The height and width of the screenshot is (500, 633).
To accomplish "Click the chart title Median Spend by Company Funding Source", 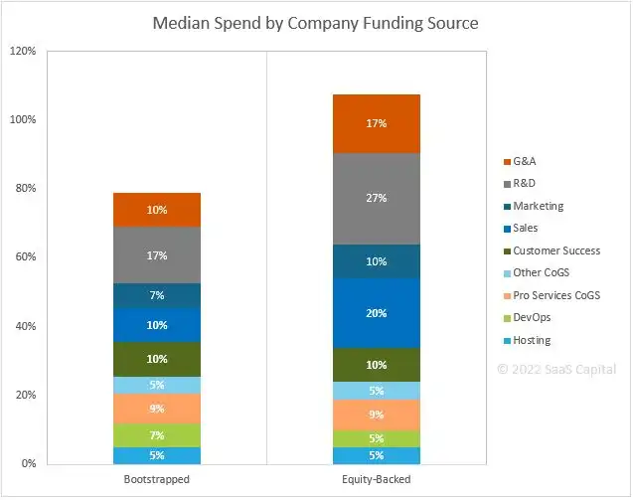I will (315, 22).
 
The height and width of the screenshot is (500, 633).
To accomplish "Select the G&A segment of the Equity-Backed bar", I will (376, 123).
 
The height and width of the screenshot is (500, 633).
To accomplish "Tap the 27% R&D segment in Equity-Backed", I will (376, 198).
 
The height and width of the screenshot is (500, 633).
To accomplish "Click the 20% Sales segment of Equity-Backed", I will (376, 313).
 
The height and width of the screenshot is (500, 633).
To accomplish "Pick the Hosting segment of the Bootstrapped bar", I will (157, 455).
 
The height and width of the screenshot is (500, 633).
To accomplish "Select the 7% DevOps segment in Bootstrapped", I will (157, 435).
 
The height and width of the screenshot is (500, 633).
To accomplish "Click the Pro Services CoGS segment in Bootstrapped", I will (157, 409).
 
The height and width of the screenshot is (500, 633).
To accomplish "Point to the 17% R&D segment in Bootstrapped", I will (157, 254).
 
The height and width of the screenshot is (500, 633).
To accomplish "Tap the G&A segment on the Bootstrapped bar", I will (157, 210).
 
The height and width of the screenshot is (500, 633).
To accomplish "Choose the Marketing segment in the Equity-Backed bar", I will (376, 261).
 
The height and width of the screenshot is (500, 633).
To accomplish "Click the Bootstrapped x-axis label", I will (157, 479).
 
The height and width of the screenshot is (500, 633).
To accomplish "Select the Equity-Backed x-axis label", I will (376, 479).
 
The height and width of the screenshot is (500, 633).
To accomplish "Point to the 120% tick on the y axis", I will (24, 51).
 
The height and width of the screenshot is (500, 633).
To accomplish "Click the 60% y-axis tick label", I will (27, 257).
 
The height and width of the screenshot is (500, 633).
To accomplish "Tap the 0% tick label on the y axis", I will (30, 464).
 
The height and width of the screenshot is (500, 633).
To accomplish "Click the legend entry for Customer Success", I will (555, 250).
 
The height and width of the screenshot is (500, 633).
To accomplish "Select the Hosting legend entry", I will (532, 340).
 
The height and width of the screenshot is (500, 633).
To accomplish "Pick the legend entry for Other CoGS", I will (542, 273).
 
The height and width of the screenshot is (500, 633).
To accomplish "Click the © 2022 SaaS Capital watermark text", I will (557, 368).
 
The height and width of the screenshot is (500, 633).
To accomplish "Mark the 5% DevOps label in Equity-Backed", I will (376, 438).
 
